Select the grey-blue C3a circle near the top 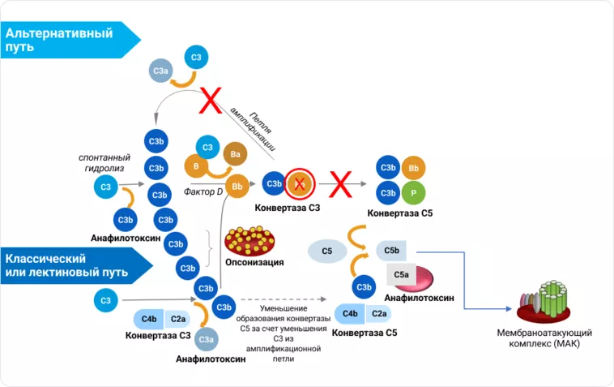pos(160,74)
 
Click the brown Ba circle pos(236,153)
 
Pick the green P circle pos(414,194)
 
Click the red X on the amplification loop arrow pos(211,102)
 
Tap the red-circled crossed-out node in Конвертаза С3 pos(299,185)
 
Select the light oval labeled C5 pos(327,252)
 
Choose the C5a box pos(402,275)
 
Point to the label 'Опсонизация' pos(254,262)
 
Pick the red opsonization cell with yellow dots pos(255,240)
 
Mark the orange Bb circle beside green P pos(414,168)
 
